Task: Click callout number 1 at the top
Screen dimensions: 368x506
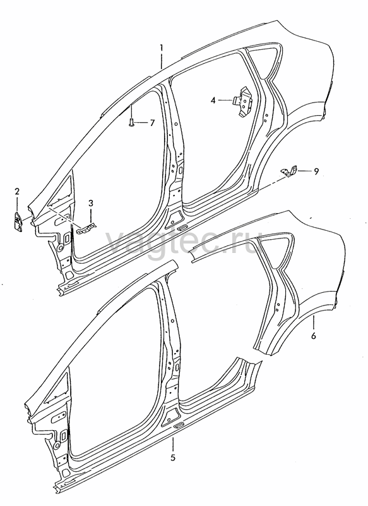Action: point(162,49)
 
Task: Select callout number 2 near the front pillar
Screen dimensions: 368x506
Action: point(17,192)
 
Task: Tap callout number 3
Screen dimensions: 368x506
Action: point(91,203)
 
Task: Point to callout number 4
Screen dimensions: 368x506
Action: point(213,101)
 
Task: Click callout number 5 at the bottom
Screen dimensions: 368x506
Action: point(173,457)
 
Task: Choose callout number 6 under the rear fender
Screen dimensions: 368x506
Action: point(313,336)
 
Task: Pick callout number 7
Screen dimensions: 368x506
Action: point(152,123)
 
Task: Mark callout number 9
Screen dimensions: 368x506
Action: point(316,171)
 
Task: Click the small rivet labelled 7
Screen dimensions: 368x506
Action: point(131,122)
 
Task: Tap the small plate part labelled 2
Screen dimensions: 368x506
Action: point(18,221)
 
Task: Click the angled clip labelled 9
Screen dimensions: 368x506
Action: point(289,171)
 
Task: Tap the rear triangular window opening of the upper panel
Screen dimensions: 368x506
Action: point(263,59)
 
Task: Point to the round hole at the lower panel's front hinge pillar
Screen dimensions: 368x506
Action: point(57,445)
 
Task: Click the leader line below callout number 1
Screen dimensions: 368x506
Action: point(162,60)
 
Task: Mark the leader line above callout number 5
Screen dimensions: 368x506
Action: point(173,445)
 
